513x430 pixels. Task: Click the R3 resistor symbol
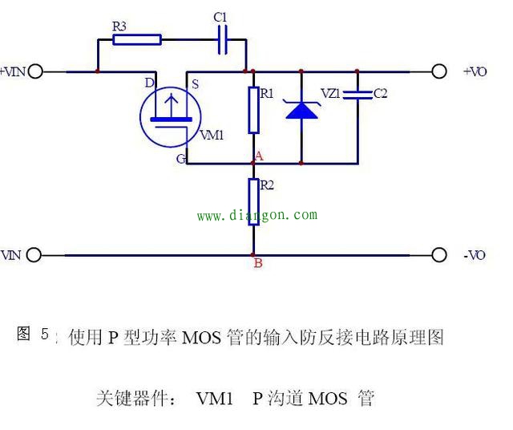click(x=137, y=39)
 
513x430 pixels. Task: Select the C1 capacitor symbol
click(x=223, y=39)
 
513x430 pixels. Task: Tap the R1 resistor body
click(x=254, y=110)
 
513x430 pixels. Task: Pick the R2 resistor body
click(x=254, y=201)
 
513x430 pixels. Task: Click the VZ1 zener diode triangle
click(x=301, y=109)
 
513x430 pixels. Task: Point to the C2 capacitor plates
click(x=357, y=95)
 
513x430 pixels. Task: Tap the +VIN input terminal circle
click(x=34, y=71)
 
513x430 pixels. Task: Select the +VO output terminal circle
click(x=438, y=71)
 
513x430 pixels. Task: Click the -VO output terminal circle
click(x=438, y=255)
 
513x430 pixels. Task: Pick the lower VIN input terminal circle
click(x=33, y=255)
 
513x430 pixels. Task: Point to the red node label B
click(x=257, y=263)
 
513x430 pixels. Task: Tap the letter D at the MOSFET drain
click(x=149, y=83)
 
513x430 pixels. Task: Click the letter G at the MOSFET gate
click(x=181, y=159)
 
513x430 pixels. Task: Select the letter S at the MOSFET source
click(x=192, y=83)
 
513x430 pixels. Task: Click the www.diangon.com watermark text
click(x=256, y=215)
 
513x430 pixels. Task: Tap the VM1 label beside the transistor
click(x=211, y=135)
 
